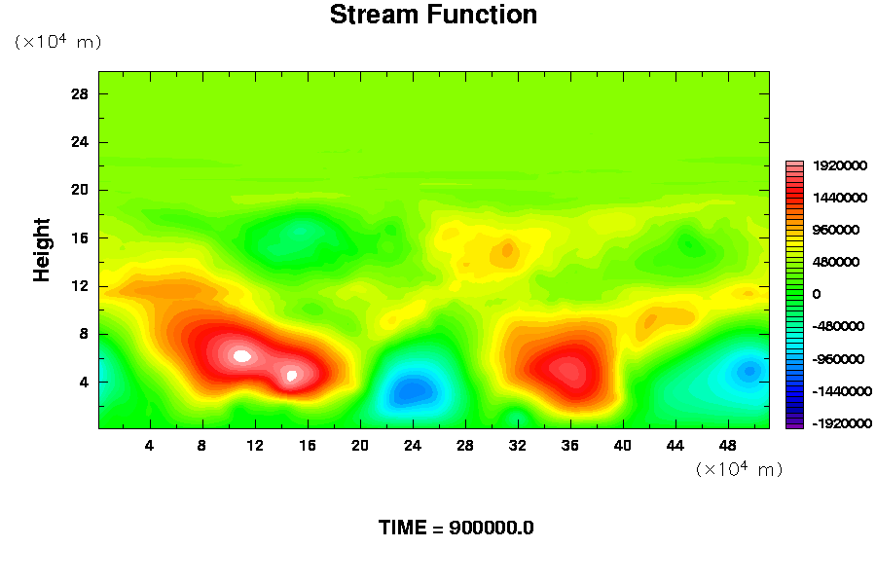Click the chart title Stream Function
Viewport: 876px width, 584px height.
(433, 15)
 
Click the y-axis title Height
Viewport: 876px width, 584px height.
(41, 250)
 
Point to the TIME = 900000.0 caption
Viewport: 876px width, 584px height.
(456, 528)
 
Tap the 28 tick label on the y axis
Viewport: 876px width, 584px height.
(80, 93)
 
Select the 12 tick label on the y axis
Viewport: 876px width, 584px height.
(80, 286)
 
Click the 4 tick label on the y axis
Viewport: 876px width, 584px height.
(84, 383)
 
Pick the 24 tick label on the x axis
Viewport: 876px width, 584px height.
(413, 446)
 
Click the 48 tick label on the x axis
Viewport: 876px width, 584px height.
(727, 446)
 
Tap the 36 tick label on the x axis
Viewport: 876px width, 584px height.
(569, 446)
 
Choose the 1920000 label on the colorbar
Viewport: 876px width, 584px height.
(840, 165)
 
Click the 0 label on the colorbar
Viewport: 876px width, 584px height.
(817, 294)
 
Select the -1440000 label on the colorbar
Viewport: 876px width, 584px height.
(842, 391)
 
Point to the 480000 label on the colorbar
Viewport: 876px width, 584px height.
(836, 262)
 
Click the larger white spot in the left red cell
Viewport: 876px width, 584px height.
(242, 355)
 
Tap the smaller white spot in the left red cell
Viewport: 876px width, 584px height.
(291, 376)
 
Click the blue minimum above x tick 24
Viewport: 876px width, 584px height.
(413, 390)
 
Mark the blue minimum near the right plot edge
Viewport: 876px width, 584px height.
(749, 371)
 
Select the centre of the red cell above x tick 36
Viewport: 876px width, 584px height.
(568, 371)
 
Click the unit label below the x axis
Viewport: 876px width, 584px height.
(739, 469)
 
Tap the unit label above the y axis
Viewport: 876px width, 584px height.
(57, 41)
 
